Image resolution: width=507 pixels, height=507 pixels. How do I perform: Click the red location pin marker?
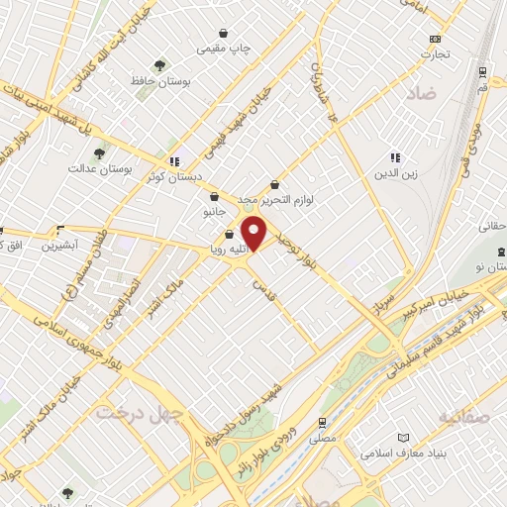coord(254,233)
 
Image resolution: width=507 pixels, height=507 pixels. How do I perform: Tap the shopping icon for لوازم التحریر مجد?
coord(274,183)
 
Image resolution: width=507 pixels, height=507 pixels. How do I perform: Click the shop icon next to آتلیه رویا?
coord(230,235)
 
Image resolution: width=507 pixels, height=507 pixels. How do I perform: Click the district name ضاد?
coord(420,94)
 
